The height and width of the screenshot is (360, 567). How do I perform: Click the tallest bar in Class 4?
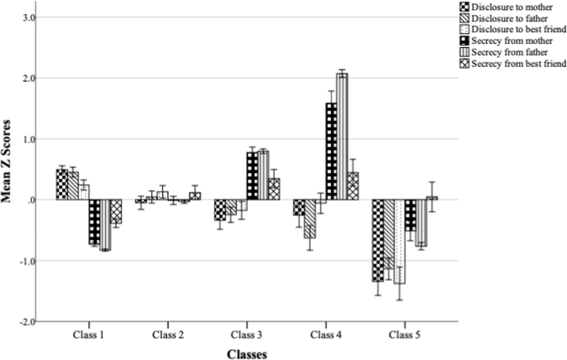(342, 137)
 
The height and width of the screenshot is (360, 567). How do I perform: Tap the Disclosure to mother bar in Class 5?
(377, 240)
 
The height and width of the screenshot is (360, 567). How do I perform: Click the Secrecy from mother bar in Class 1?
(94, 222)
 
